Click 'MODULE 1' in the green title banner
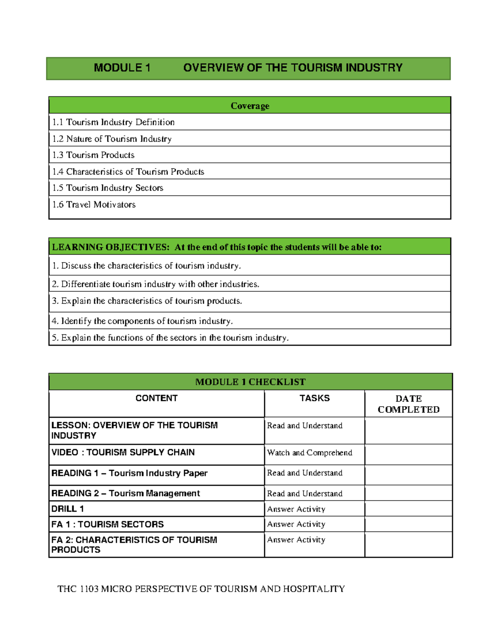(122, 68)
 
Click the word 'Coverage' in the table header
(249, 106)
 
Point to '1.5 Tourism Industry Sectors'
(108, 188)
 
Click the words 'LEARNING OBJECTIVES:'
(110, 247)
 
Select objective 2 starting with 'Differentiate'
(156, 284)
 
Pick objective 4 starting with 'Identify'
(142, 321)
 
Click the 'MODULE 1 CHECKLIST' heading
(250, 382)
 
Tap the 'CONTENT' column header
(156, 398)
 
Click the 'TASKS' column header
(314, 398)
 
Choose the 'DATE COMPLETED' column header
(408, 404)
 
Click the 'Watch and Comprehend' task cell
(310, 453)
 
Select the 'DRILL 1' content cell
(68, 509)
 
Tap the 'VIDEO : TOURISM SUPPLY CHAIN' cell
(123, 452)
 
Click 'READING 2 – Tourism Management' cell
(125, 493)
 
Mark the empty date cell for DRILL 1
(408, 509)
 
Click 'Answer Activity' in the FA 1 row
(296, 524)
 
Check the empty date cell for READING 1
(408, 475)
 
